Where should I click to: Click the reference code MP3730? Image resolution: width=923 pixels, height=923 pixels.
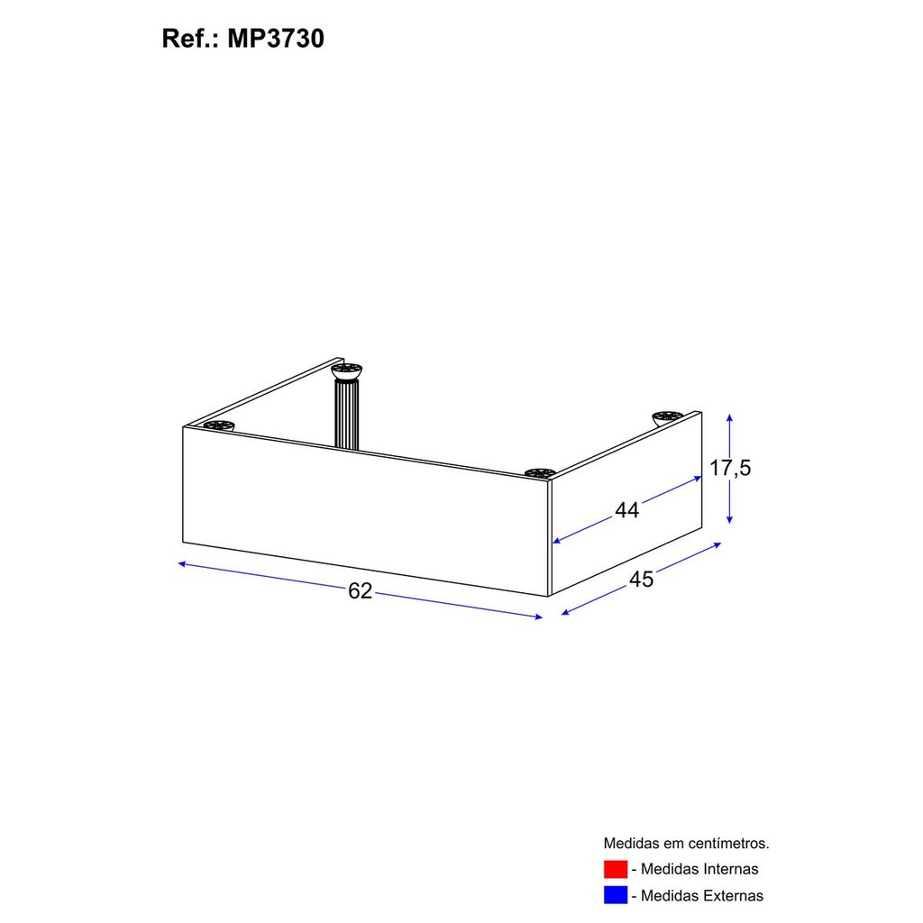276,39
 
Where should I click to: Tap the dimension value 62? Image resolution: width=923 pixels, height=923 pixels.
361,590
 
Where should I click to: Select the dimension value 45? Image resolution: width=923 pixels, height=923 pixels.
641,580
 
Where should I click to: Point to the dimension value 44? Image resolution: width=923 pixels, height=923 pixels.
626,510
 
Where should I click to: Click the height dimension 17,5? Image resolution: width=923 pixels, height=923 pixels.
730,468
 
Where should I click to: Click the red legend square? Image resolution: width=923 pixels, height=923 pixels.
615,869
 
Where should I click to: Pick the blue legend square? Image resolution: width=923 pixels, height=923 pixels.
615,895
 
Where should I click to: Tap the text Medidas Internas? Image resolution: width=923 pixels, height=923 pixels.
699,869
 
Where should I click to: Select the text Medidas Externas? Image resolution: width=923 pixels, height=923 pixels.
701,895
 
